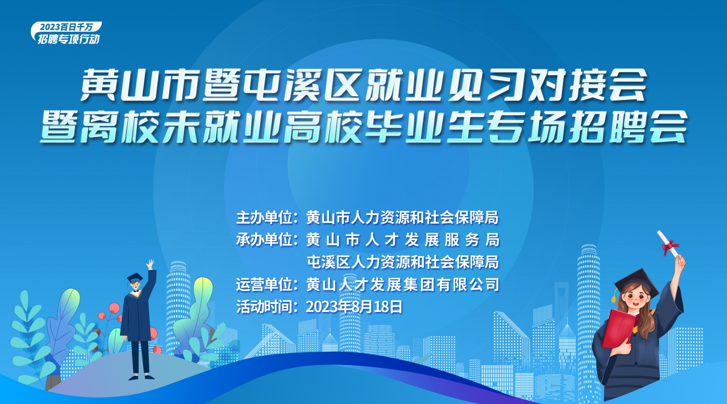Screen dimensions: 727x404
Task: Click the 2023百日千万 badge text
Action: [x=66, y=27]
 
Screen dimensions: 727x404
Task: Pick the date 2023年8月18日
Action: [x=354, y=307]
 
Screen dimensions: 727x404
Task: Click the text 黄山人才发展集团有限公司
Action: [x=403, y=284]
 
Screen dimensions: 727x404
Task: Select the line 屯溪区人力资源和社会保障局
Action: [x=403, y=262]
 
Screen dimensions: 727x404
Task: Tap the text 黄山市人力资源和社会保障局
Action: [x=403, y=218]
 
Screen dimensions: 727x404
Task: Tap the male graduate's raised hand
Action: [x=150, y=264]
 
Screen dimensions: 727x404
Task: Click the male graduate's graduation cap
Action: [x=135, y=278]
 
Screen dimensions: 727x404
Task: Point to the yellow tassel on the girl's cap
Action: [x=615, y=295]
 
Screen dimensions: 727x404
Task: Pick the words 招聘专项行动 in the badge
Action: [x=69, y=39]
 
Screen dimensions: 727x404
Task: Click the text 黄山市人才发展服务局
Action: [x=403, y=240]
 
